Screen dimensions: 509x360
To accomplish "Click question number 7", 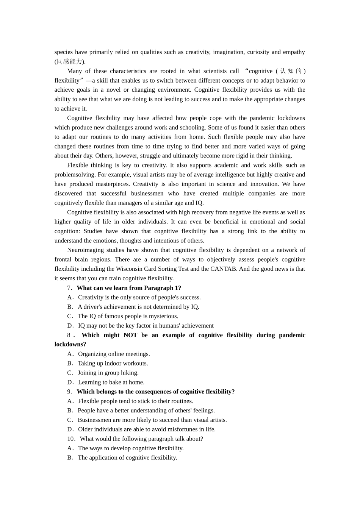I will coord(70,288).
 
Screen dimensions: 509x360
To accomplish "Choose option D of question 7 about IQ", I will coord(146,326).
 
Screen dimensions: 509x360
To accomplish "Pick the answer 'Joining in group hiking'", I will coord(108,373).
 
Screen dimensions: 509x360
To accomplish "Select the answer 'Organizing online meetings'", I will coord(114,354).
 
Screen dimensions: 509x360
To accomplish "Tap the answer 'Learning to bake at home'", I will coord(111,382).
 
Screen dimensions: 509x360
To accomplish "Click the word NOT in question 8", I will coord(130,335).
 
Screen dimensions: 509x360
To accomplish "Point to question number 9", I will coord(70,392).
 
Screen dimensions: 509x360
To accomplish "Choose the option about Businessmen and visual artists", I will coord(152,420).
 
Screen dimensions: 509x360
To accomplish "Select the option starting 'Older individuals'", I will coord(147,429).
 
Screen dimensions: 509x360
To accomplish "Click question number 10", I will coord(71,439).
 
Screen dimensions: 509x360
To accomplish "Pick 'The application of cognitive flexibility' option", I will coord(127,457).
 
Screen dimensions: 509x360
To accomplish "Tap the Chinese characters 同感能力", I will coord(69,61).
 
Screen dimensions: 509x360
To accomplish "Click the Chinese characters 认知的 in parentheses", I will coord(291,71).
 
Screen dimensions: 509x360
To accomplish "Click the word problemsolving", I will coord(75,175).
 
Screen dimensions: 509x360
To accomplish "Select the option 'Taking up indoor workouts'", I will coord(113,363).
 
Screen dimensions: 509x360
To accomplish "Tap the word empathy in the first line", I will coord(294,52).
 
